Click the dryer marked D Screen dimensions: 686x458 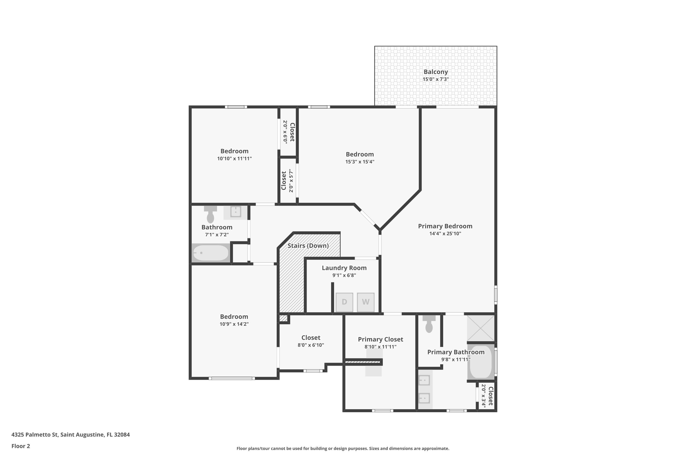tap(344, 302)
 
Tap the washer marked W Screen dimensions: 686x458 tap(366, 302)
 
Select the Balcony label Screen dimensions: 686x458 tap(436, 72)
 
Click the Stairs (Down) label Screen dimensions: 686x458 tap(308, 246)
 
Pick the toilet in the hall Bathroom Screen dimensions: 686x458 tap(210, 214)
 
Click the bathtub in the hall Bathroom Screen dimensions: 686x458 tap(211, 253)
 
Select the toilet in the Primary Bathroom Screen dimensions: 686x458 tap(429, 324)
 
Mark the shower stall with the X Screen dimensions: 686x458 tap(481, 328)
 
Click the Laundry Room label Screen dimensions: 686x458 tap(344, 268)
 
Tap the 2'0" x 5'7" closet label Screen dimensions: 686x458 tap(287, 180)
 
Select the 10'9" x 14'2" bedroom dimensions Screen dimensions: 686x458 tap(234, 324)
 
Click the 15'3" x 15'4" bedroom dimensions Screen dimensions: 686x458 tap(360, 161)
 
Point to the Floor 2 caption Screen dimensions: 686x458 tap(21, 446)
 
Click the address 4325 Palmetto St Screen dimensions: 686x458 tap(35, 434)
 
